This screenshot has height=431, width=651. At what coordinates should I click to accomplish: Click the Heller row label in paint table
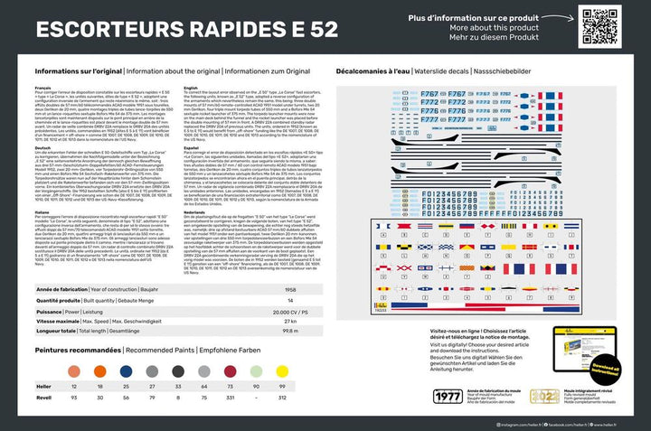pyautogui.click(x=44, y=386)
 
